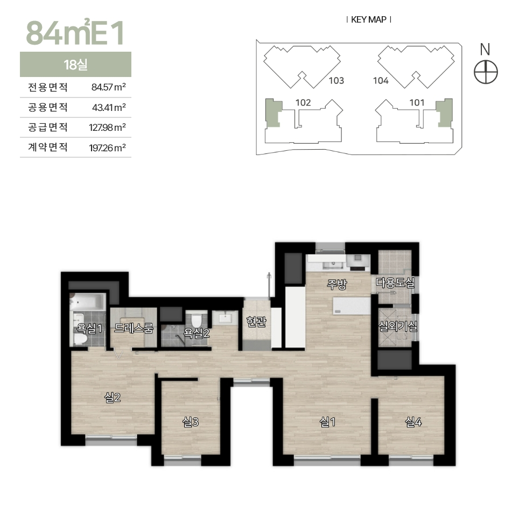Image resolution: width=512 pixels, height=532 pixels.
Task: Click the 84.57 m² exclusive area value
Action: pos(109,87)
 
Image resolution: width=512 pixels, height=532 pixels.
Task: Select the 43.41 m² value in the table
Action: pos(109,108)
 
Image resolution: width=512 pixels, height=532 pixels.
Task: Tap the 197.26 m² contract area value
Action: pos(108,148)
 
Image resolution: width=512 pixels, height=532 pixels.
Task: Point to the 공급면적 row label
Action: pos(48,127)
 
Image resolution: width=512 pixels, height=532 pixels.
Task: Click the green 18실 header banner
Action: pos(76,64)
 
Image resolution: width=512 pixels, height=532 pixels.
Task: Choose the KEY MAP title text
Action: pos(368,20)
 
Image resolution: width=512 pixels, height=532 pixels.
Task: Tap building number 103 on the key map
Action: pos(336,80)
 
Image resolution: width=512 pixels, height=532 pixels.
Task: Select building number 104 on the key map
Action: pos(381,80)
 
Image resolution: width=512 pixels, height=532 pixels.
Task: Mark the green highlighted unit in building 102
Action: pos(273,113)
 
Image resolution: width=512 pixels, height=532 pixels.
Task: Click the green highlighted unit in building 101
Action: pos(445,113)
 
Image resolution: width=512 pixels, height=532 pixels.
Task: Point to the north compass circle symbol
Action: pos(486,72)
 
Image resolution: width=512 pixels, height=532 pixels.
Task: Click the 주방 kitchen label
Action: pos(336,284)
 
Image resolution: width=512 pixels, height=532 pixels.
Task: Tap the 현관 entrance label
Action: pos(256,321)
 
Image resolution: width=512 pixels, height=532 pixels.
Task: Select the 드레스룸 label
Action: pos(134,328)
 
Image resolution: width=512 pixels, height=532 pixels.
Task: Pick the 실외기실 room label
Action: pos(398,326)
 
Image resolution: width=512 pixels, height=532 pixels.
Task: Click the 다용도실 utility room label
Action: pos(395,282)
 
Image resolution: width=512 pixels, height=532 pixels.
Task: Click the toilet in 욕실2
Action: pos(197,320)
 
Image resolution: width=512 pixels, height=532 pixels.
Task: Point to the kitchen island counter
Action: pos(351,306)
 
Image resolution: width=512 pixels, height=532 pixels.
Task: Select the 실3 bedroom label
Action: pos(191,422)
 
